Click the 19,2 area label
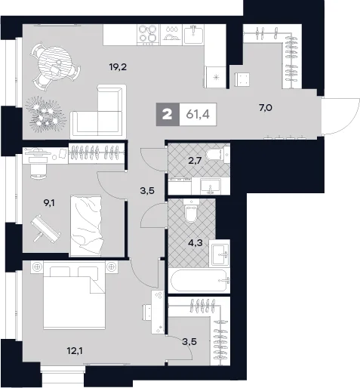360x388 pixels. [x=118, y=67]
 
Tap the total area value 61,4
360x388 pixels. [x=198, y=115]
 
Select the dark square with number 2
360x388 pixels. [x=168, y=115]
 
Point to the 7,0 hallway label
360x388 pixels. [x=266, y=108]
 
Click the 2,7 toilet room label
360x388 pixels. [x=195, y=160]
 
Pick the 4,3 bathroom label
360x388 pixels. [x=195, y=243]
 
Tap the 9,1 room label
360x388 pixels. [x=49, y=203]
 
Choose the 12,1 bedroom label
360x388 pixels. [x=75, y=351]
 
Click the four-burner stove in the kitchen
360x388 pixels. [x=149, y=35]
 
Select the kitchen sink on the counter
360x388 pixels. [x=193, y=35]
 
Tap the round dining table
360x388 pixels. [x=54, y=62]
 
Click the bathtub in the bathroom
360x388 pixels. [x=199, y=281]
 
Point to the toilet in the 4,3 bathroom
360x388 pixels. [x=191, y=211]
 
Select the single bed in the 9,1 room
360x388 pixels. [x=86, y=226]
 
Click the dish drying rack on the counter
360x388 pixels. [x=171, y=35]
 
